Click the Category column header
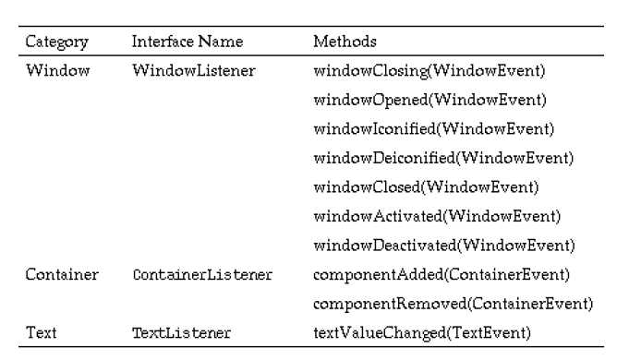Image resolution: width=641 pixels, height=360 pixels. [x=57, y=42]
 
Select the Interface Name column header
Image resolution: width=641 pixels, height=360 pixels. [x=187, y=42]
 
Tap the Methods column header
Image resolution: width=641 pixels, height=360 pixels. [x=345, y=42]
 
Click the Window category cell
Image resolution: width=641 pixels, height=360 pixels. [x=57, y=70]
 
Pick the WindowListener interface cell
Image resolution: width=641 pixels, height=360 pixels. [x=194, y=70]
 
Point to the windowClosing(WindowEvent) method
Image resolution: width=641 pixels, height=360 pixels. [x=429, y=71]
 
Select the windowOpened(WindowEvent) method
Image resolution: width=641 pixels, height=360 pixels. [x=429, y=100]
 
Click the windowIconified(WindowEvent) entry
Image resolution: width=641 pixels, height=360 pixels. [x=434, y=129]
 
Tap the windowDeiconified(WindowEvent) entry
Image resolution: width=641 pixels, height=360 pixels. [x=443, y=158]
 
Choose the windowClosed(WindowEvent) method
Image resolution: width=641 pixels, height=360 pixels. [x=426, y=187]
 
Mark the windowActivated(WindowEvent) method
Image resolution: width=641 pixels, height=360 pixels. [x=437, y=217]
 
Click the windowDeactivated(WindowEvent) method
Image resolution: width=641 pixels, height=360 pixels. [x=444, y=246]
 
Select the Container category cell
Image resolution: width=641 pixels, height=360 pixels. [x=62, y=274]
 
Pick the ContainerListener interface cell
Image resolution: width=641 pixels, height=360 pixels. [x=202, y=274]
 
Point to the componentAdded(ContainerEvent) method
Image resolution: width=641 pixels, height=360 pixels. [x=441, y=274]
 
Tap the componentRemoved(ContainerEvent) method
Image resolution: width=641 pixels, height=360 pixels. [x=453, y=304]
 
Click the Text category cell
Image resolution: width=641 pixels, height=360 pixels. [x=42, y=332]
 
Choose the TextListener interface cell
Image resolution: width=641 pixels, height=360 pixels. [x=182, y=333]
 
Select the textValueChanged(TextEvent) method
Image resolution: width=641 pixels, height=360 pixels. [x=422, y=333]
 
